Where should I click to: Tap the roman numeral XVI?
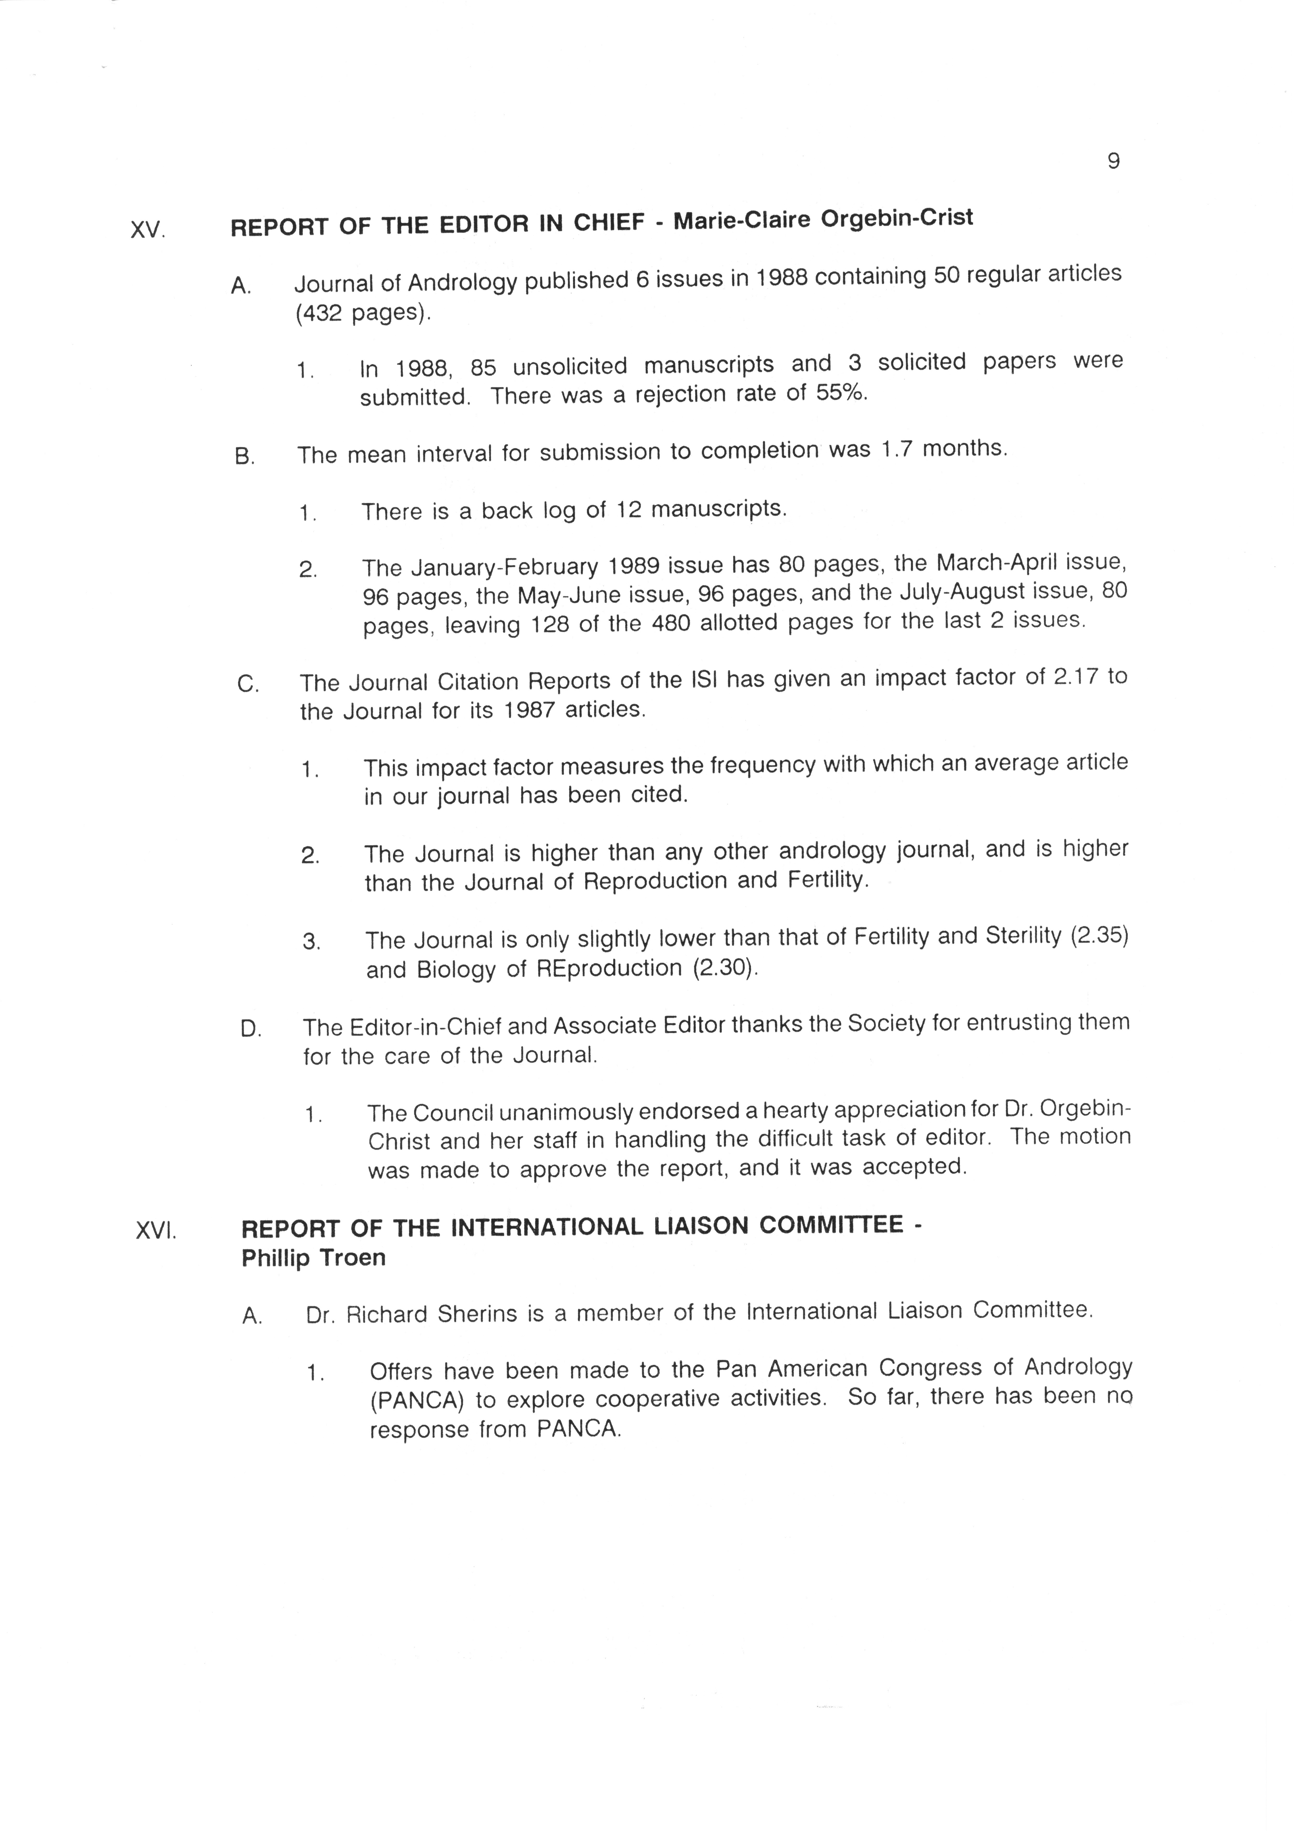[x=155, y=1230]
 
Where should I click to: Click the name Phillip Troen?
[x=313, y=1258]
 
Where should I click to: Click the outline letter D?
[x=250, y=1029]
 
